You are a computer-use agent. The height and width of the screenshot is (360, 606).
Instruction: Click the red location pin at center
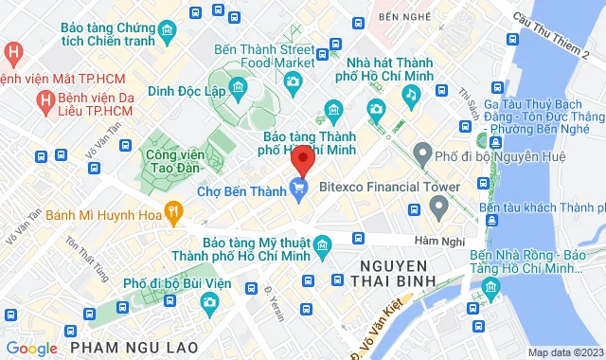click(301, 157)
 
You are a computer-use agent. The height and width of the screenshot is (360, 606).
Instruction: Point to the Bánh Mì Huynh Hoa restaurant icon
click(172, 210)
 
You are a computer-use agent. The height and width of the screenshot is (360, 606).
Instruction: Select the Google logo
click(30, 349)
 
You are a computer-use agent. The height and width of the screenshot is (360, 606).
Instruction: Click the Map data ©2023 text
click(565, 352)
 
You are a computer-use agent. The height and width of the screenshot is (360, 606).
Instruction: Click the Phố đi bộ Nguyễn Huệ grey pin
click(421, 153)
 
